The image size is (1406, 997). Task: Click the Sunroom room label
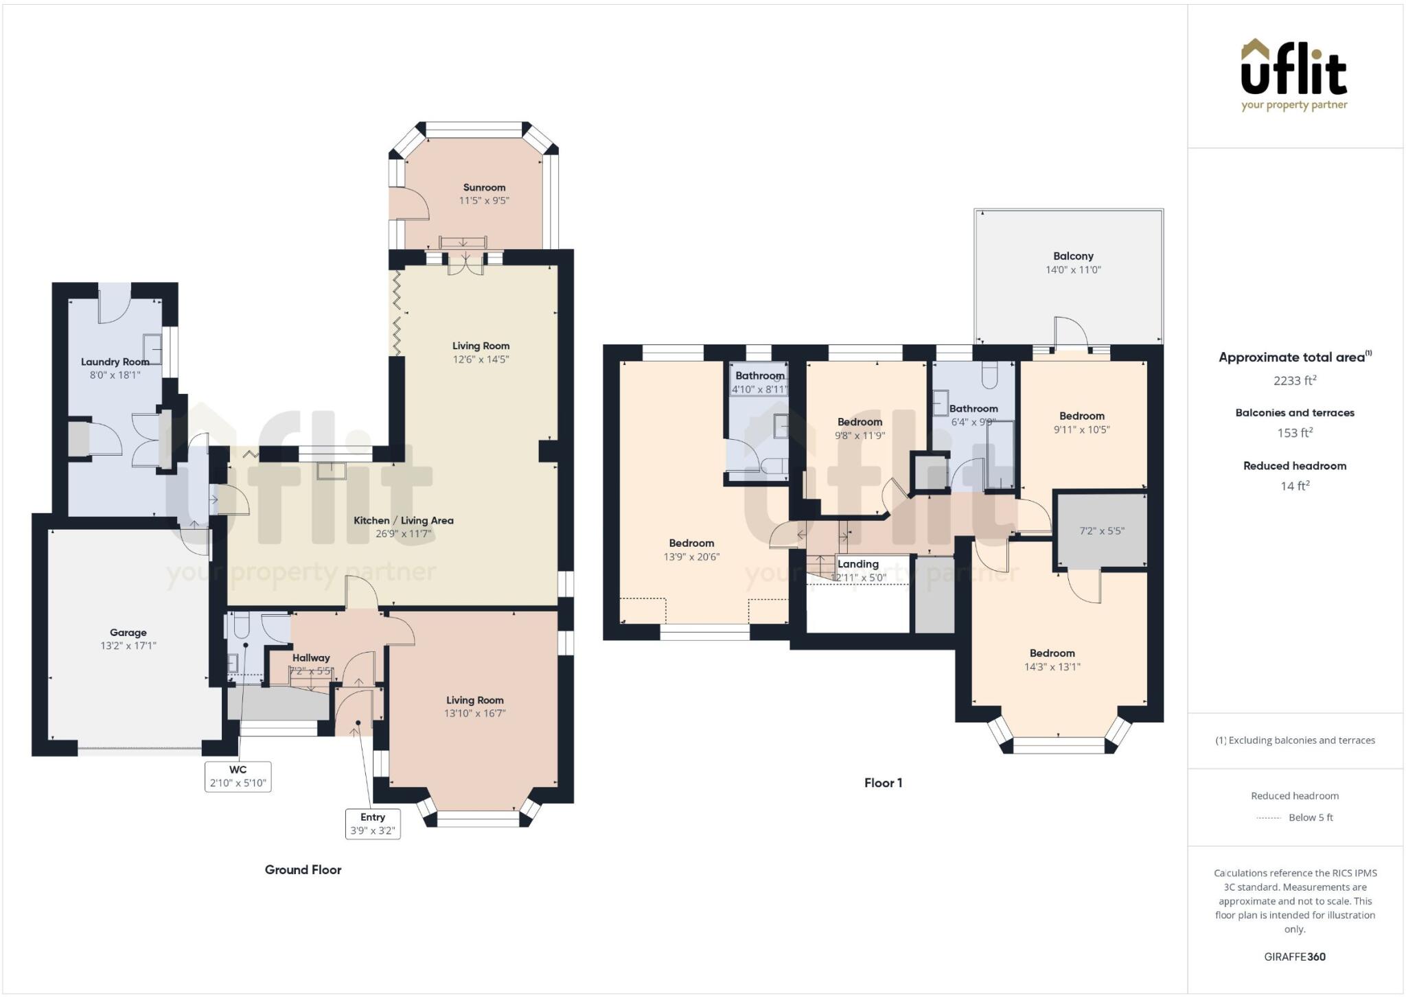point(484,187)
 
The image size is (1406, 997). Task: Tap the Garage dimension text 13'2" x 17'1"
point(128,646)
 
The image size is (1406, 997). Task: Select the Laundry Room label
point(115,362)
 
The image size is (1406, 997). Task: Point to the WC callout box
point(238,777)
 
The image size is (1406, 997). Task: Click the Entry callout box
point(373,823)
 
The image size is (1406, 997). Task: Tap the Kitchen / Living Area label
point(403,520)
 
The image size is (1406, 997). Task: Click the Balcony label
point(1073,256)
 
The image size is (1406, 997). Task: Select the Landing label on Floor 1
point(857,564)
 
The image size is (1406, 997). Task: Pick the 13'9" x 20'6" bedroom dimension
point(691,556)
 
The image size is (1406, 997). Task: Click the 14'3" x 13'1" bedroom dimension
point(1052,666)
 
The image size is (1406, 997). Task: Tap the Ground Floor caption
point(303,869)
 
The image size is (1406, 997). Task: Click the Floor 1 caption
point(883,783)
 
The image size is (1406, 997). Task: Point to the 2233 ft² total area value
point(1294,380)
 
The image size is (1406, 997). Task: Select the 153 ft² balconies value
point(1294,433)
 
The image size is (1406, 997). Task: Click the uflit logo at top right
point(1294,75)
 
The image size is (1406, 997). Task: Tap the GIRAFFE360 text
point(1294,957)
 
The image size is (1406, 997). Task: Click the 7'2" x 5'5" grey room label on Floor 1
point(1102,530)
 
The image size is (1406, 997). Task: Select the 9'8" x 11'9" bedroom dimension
point(860,435)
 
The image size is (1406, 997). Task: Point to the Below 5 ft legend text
point(1311,817)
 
